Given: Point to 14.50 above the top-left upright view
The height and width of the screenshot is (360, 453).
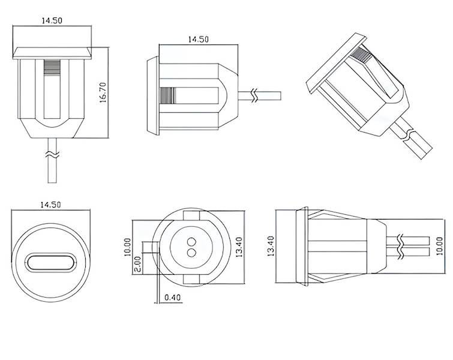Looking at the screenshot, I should (52, 20).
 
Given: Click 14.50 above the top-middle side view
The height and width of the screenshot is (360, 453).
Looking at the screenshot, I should (198, 39).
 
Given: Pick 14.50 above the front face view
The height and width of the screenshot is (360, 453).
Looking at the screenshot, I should (50, 205).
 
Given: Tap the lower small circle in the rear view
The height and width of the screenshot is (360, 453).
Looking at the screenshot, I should (191, 252).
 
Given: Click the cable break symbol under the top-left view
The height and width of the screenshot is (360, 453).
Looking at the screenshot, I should (52, 155).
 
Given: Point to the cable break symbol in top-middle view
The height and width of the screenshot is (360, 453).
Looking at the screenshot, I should (256, 95).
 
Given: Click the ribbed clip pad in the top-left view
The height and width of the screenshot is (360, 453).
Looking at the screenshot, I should (52, 65).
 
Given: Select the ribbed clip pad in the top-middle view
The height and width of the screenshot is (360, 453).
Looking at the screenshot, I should (169, 95).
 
